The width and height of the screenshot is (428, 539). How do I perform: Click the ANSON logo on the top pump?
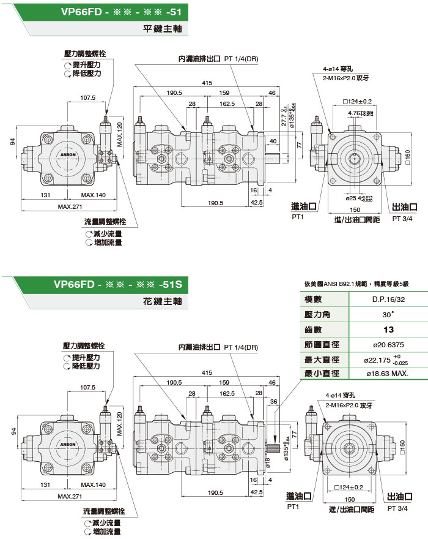click(x=68, y=154)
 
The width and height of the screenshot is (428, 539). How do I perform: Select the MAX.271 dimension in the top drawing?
click(x=70, y=207)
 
